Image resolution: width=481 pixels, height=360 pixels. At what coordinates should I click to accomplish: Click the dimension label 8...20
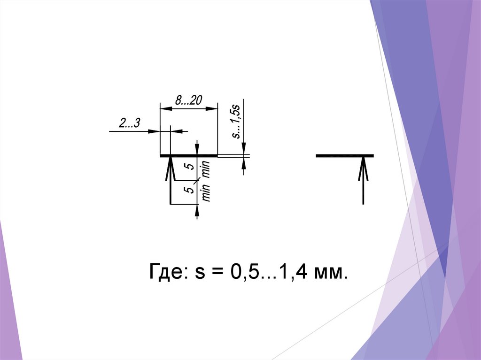point(189,100)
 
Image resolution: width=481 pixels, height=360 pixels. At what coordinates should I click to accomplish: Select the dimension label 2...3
point(129,123)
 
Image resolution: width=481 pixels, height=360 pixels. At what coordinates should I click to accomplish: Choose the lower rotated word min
point(206,193)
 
